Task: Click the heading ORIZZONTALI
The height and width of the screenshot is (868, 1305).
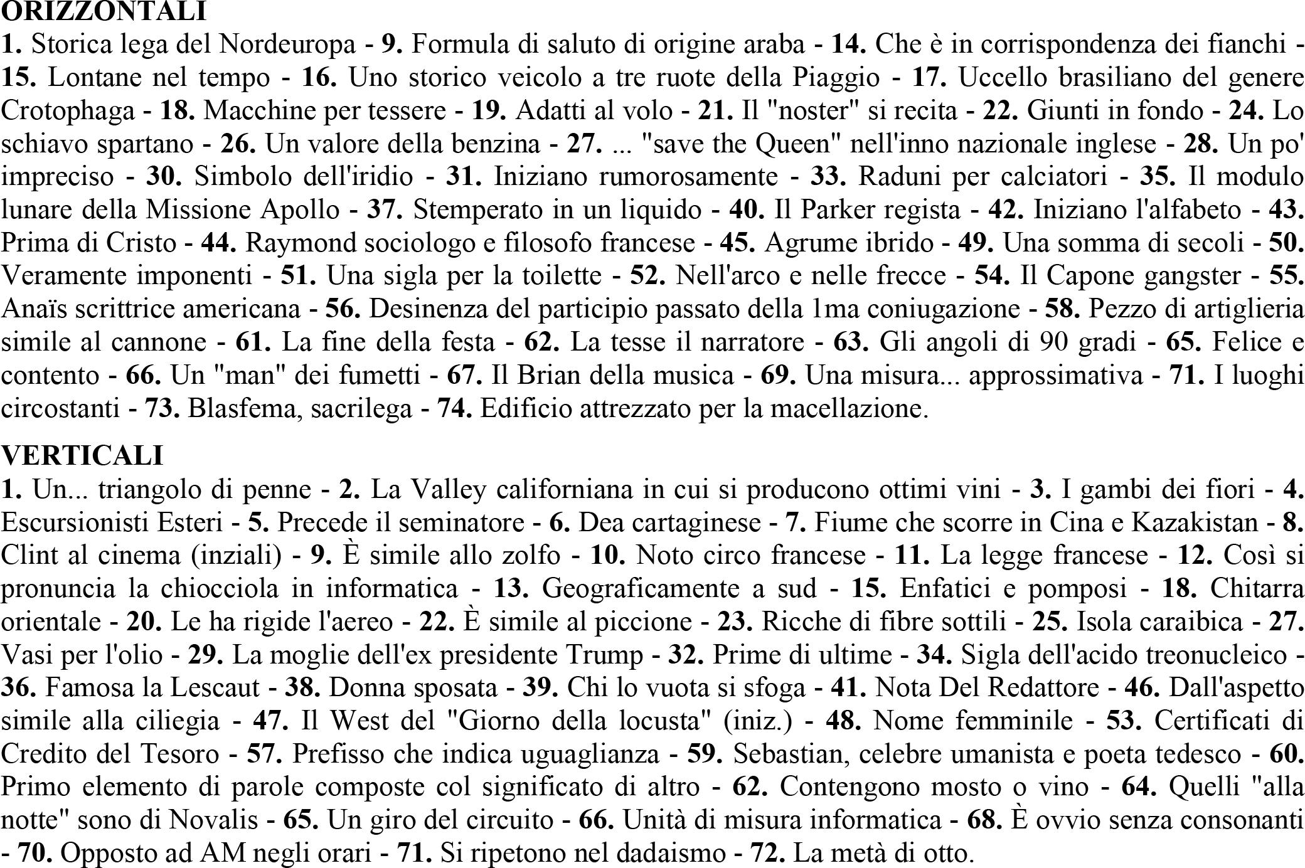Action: coord(104,11)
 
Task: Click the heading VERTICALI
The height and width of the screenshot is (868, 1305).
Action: coord(82,455)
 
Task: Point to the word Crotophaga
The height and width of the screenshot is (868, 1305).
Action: coord(68,110)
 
